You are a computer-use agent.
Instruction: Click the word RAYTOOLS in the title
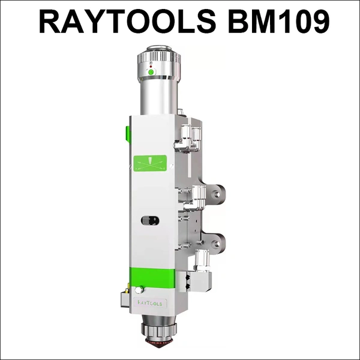[x=126, y=22]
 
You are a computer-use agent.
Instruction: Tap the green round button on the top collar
[x=151, y=73]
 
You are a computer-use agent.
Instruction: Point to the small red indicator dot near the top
[x=151, y=65]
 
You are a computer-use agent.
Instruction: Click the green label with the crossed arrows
[x=151, y=163]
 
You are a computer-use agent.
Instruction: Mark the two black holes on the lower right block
[x=190, y=280]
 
